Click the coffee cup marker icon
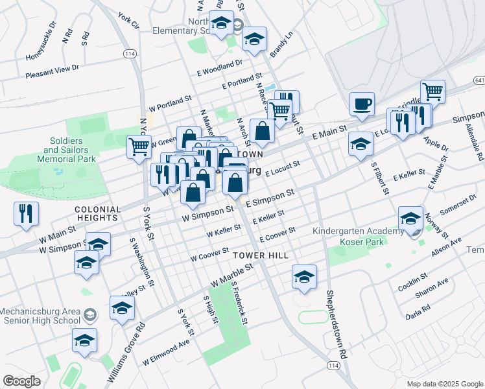click(x=362, y=104)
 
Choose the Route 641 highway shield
click(x=479, y=80)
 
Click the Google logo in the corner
click(x=21, y=381)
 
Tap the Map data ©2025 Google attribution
click(x=445, y=384)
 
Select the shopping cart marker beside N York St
click(x=139, y=147)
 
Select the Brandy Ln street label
click(x=282, y=44)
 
